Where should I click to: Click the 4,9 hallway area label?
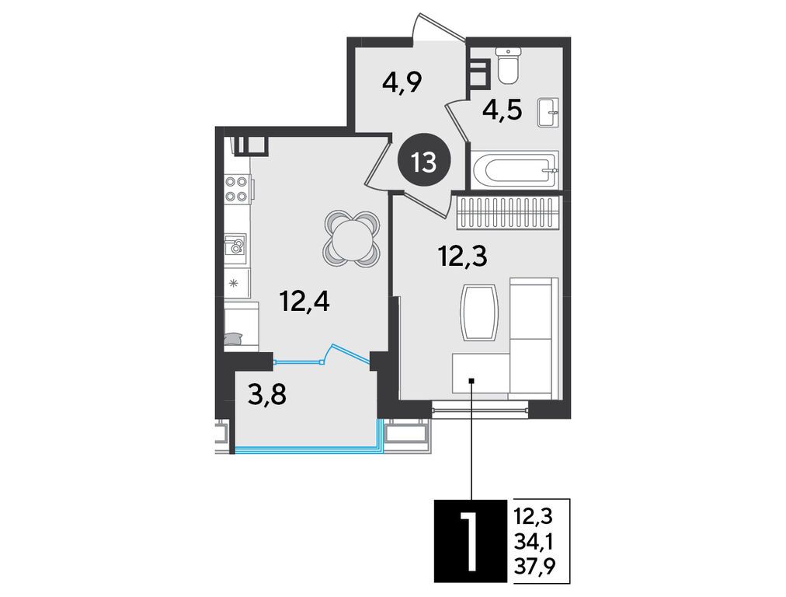402,82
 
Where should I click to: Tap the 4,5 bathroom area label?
503,109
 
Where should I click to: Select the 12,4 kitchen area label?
304,302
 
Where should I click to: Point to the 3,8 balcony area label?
267,395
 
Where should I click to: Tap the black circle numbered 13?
424,162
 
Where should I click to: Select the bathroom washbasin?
548,113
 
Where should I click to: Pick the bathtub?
514,170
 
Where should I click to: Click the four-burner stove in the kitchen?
237,189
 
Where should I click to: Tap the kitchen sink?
235,249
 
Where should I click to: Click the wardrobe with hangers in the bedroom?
507,213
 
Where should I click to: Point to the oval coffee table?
478,312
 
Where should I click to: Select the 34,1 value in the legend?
534,541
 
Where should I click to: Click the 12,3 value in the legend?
534,515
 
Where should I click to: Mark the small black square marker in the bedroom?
471,381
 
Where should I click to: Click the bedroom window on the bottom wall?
480,409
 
